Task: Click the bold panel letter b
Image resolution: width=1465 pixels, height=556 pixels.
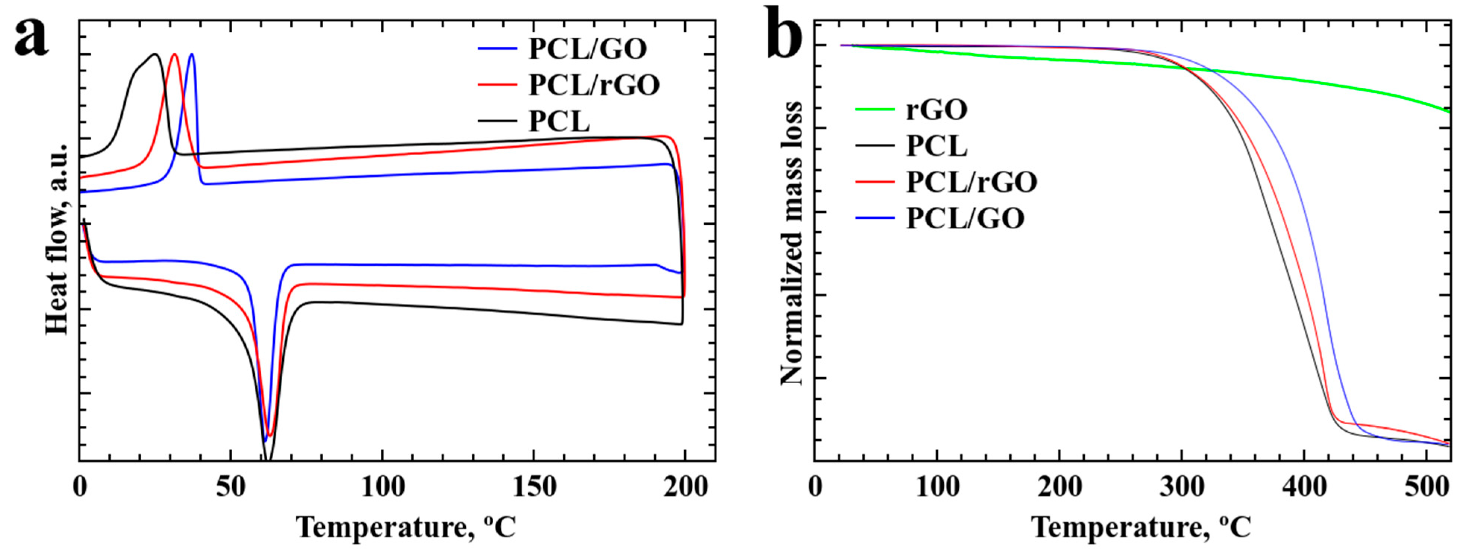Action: (784, 35)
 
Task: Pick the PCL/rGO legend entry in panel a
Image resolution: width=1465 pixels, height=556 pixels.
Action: (593, 85)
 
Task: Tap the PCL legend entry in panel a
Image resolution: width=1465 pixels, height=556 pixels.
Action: (559, 122)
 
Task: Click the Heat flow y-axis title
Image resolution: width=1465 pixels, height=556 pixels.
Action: (57, 239)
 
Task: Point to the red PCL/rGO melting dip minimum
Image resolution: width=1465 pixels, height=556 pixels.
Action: (270, 435)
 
